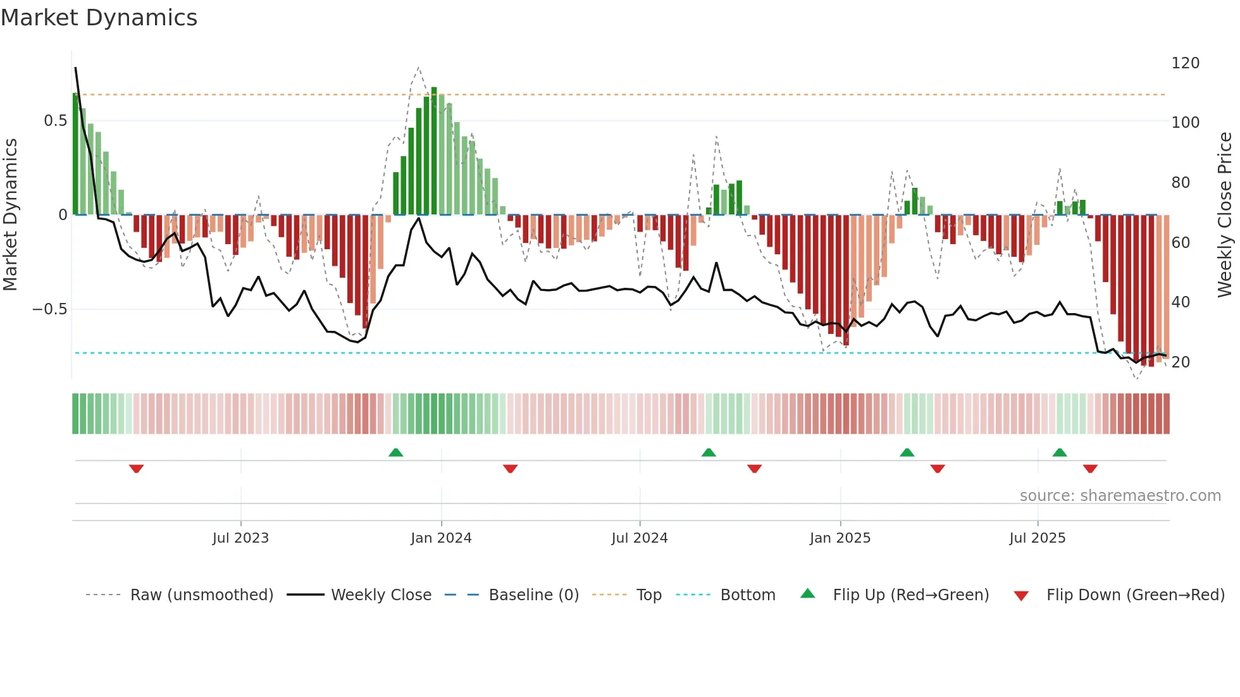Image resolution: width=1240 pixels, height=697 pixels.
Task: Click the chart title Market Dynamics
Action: click(99, 18)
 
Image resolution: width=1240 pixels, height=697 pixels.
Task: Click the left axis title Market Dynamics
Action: click(10, 214)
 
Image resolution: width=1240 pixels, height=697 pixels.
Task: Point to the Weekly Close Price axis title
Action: click(1225, 214)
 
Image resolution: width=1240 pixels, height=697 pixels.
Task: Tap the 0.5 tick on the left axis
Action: click(55, 121)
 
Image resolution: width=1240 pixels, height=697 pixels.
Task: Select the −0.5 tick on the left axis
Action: click(50, 309)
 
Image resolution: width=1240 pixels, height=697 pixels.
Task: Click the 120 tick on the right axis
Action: click(1185, 63)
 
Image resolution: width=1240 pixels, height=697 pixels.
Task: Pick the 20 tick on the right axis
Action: click(1181, 362)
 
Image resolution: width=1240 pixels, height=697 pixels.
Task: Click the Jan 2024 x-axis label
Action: click(441, 538)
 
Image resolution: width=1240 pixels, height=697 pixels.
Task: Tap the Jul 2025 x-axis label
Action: click(1037, 538)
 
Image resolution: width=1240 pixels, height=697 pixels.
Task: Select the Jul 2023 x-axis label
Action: click(240, 538)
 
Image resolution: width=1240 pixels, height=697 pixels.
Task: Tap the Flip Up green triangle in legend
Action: click(808, 594)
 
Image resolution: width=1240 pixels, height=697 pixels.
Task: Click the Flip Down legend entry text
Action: click(1135, 595)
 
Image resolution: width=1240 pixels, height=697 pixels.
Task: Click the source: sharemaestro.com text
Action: click(1120, 496)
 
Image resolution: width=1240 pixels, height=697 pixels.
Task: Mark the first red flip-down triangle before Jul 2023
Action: click(136, 469)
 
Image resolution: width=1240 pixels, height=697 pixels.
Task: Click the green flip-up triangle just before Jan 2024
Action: click(395, 452)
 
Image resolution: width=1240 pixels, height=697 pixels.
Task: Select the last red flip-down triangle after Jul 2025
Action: click(1089, 469)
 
